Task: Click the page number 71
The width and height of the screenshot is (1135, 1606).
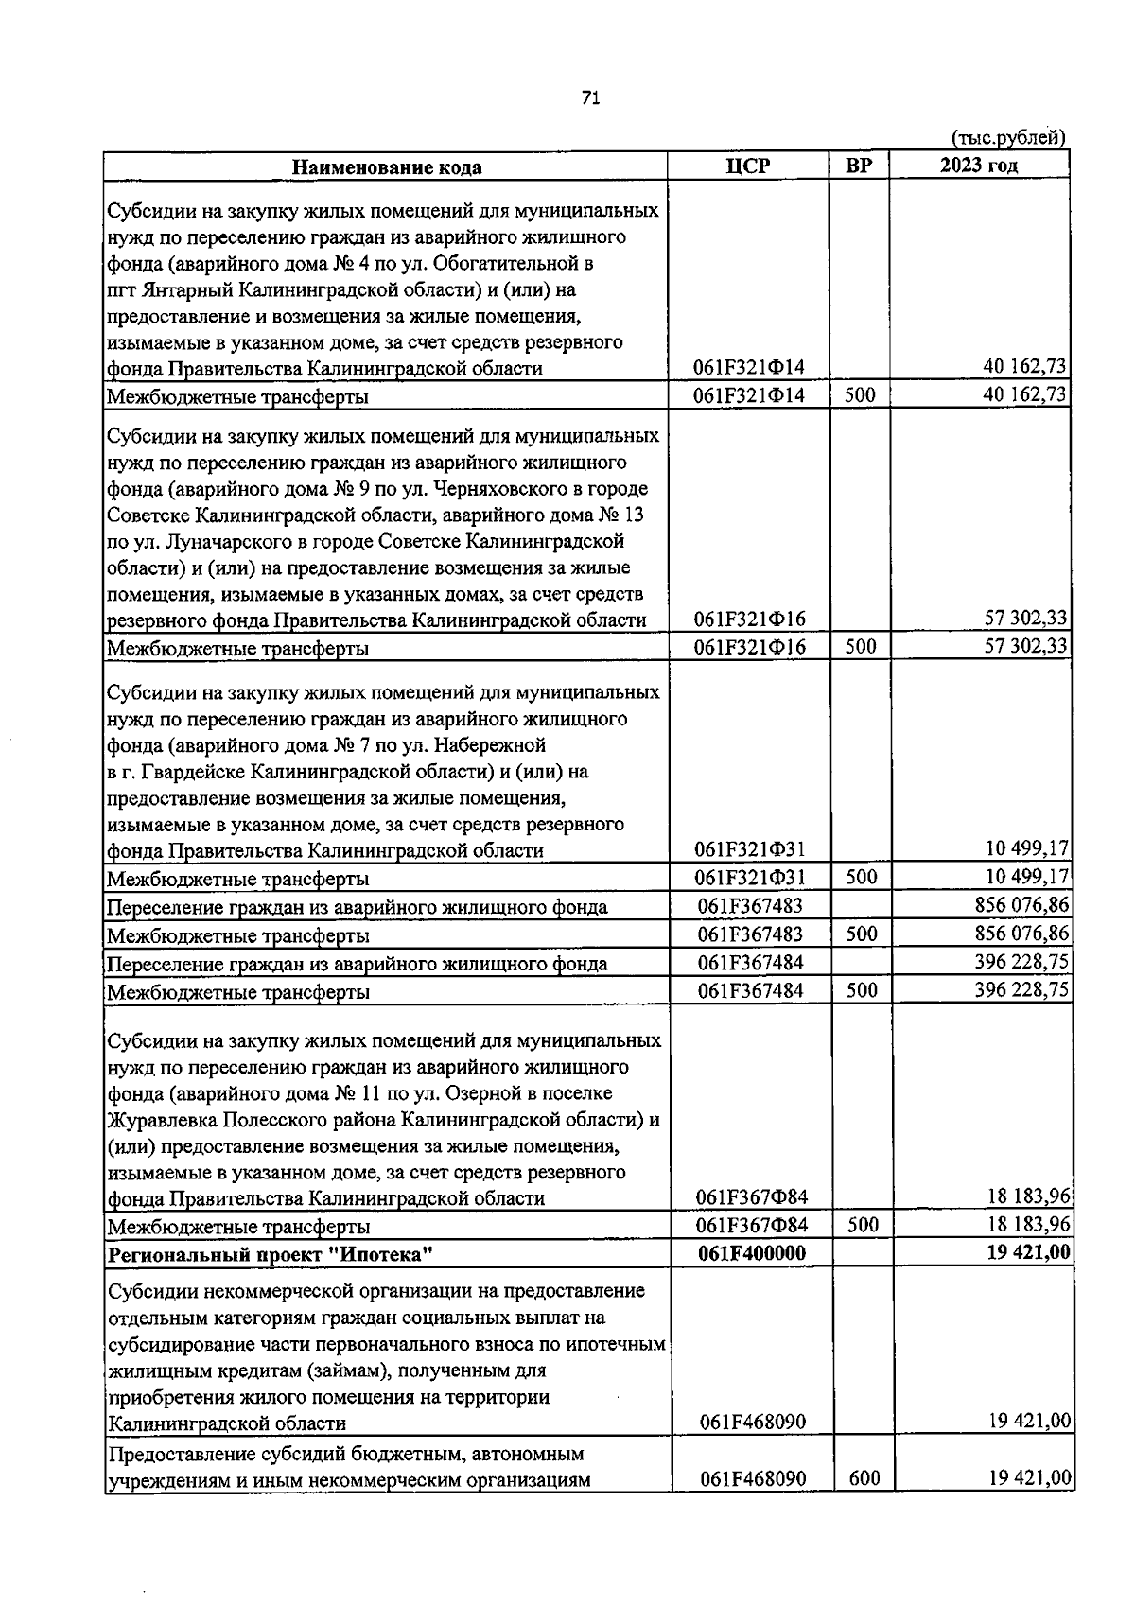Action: [x=591, y=98]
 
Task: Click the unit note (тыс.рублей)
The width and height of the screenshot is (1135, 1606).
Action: [x=1008, y=138]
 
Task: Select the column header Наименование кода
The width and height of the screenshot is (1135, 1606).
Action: [x=386, y=167]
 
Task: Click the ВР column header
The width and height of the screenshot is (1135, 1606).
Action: [x=859, y=166]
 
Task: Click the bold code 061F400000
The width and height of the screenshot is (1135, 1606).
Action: [x=751, y=1253]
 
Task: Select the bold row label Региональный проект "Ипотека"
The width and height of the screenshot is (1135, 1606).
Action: [x=271, y=1255]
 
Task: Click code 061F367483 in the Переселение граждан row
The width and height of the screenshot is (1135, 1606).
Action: [x=750, y=906]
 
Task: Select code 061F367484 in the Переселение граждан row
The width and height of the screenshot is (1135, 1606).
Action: [x=750, y=963]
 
